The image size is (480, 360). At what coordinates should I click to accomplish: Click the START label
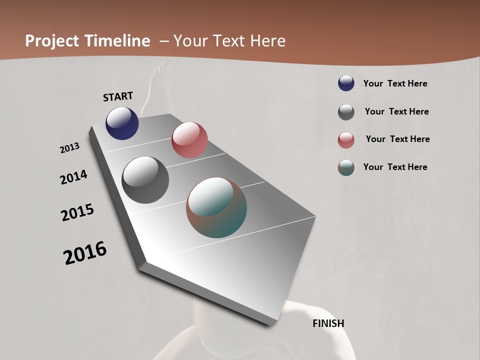tap(118, 96)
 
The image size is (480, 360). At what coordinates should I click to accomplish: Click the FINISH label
tap(328, 323)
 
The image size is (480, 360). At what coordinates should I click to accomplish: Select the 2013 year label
tap(70, 148)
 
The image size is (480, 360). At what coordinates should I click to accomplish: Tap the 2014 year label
tap(73, 177)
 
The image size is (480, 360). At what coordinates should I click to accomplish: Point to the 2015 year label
tap(77, 212)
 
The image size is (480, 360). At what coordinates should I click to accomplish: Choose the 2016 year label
tap(85, 253)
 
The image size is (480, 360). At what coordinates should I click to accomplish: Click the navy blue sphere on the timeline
tap(122, 123)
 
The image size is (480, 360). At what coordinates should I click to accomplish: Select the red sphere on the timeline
tap(189, 140)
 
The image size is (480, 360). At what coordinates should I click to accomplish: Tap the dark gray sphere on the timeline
tap(145, 180)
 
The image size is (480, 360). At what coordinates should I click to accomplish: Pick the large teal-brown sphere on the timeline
tap(216, 207)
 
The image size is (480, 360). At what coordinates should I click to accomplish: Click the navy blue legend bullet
tap(346, 83)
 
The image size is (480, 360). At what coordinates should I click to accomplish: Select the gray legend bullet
tap(346, 112)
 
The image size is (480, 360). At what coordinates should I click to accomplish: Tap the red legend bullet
tap(346, 140)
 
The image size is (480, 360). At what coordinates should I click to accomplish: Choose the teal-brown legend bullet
tap(346, 167)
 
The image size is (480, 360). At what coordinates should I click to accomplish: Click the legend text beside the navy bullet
tap(395, 83)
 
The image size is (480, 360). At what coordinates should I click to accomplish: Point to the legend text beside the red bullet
tap(397, 139)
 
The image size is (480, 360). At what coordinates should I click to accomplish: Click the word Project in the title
tap(52, 41)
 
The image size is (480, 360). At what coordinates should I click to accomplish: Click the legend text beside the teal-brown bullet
tap(395, 167)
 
